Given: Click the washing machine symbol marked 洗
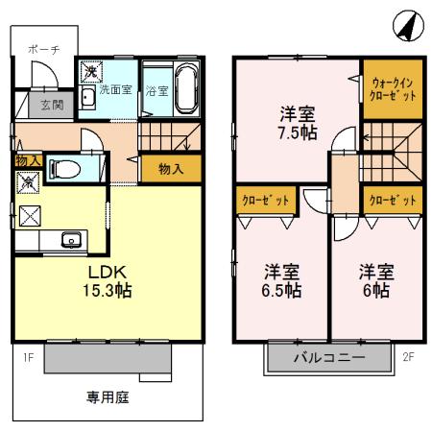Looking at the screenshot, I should click(x=88, y=71).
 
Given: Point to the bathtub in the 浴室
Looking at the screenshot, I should click(x=184, y=87).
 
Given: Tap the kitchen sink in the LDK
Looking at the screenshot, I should click(x=70, y=239).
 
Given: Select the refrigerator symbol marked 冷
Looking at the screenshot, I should click(x=25, y=180).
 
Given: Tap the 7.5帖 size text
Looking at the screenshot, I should click(x=296, y=133).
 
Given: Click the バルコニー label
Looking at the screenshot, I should click(x=329, y=361).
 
